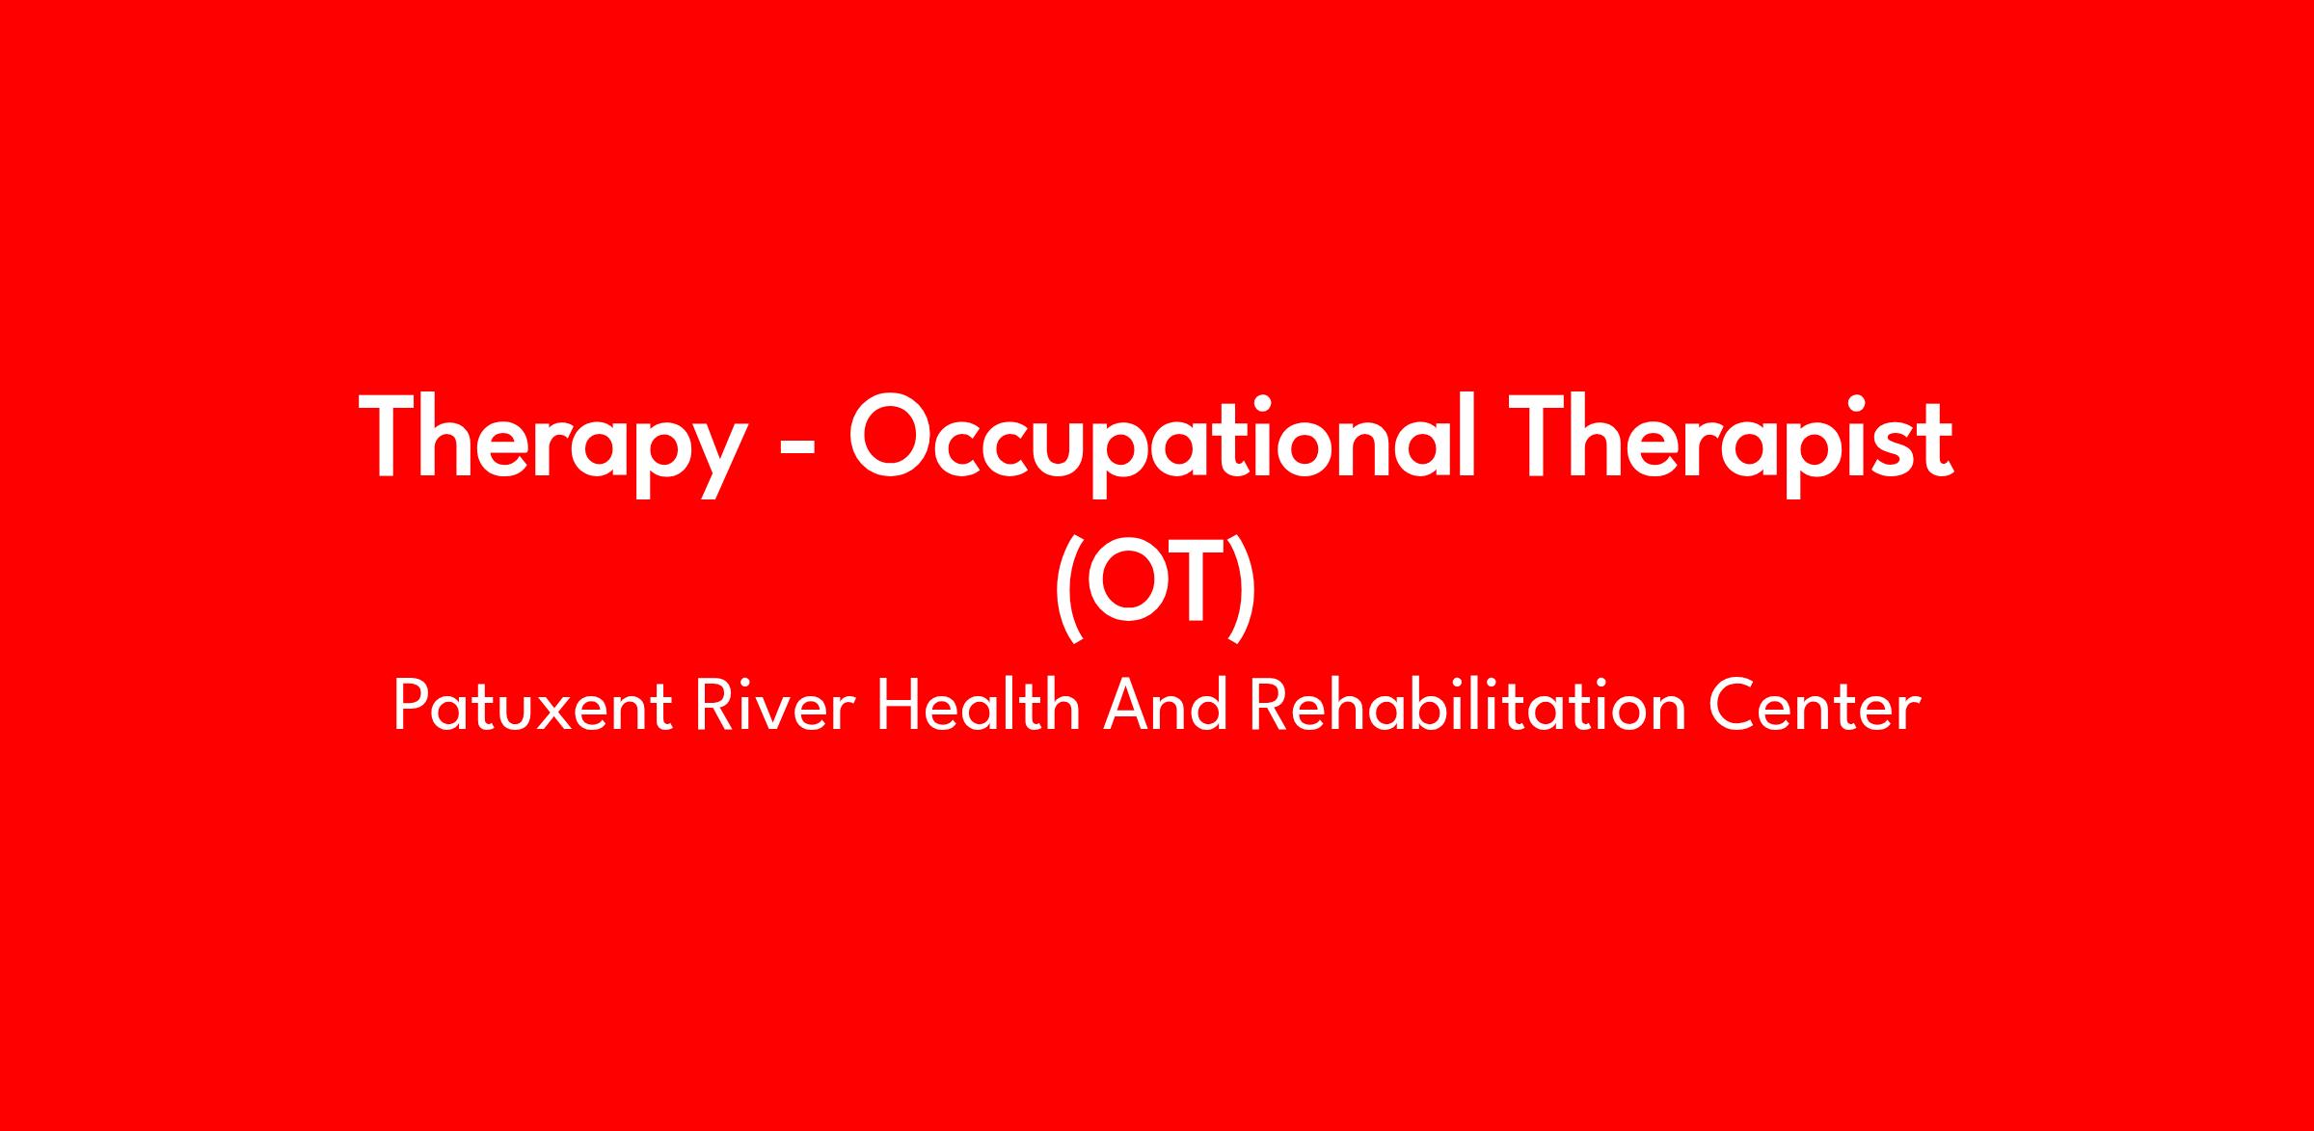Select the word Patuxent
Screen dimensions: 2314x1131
532,706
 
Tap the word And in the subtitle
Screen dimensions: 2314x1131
1165,706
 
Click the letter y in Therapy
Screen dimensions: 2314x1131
718,461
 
